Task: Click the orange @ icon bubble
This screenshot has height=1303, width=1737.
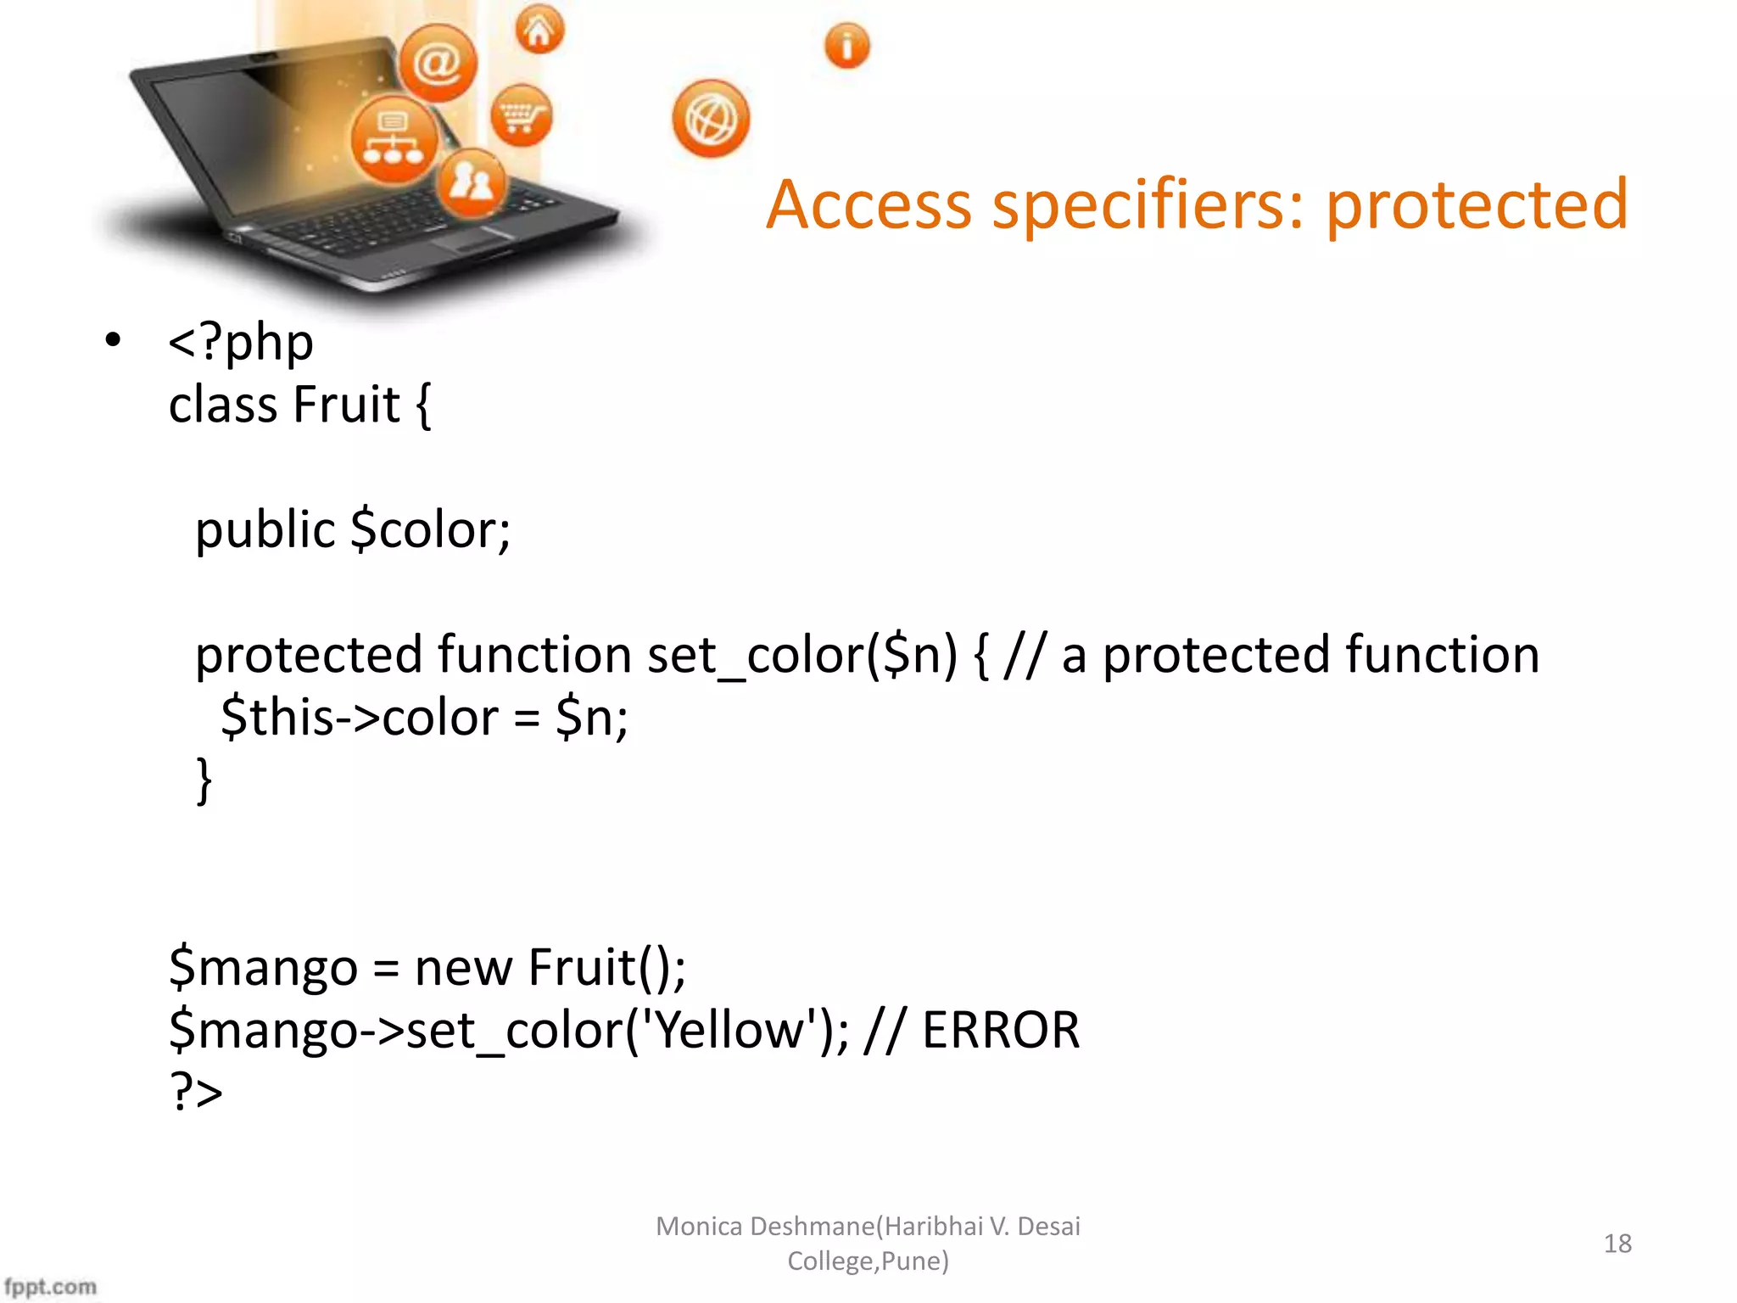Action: click(438, 63)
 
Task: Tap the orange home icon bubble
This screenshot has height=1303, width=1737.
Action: click(539, 31)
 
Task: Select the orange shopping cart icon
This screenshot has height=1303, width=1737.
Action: click(521, 115)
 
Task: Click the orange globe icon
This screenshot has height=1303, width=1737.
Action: click(711, 120)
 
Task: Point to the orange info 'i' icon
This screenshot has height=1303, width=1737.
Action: click(846, 45)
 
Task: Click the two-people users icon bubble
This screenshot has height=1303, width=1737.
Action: click(471, 182)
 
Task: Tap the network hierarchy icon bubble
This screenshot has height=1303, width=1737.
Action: click(393, 140)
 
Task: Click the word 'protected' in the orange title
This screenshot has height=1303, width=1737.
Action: click(1476, 205)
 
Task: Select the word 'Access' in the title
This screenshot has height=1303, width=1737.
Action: click(868, 205)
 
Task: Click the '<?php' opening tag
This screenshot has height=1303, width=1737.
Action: click(241, 343)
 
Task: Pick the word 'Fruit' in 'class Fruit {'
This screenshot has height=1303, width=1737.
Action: click(347, 405)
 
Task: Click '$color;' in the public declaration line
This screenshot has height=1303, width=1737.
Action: click(430, 530)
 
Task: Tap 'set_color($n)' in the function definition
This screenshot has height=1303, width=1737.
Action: click(801, 656)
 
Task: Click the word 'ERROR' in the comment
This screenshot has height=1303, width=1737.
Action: click(1000, 1031)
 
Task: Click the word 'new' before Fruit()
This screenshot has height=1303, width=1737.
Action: click(463, 968)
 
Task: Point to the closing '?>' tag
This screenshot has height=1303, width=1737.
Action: click(196, 1092)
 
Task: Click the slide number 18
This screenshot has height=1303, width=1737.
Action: click(1617, 1244)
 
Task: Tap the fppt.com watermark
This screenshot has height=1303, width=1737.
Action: click(50, 1286)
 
